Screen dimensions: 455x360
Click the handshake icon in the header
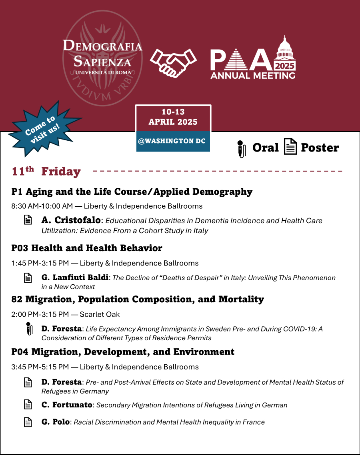coord(173,62)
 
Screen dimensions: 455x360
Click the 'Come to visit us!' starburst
coord(42,129)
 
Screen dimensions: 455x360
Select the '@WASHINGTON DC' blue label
coord(173,142)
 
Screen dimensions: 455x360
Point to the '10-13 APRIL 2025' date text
coord(173,117)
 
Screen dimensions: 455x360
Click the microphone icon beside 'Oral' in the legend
coord(240,148)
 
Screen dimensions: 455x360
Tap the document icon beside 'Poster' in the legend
coord(290,147)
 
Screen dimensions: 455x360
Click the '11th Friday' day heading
coord(46,172)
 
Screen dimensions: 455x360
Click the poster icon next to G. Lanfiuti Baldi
coord(28,277)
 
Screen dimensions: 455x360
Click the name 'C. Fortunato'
coord(67,405)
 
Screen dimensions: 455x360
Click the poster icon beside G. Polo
coord(28,422)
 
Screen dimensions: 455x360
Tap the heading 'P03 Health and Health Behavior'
coord(87,248)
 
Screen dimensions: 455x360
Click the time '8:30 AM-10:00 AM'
coord(42,206)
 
